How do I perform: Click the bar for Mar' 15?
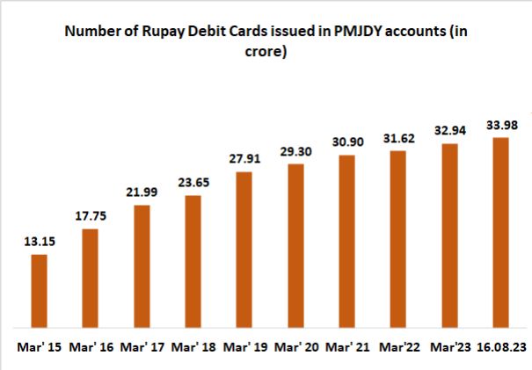pos(39,291)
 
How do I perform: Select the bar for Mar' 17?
pos(141,266)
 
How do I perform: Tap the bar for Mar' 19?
pos(244,250)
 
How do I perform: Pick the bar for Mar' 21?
pos(346,241)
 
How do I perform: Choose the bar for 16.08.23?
pos(501,232)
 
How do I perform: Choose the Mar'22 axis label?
pos(398,348)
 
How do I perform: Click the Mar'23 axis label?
pos(449,348)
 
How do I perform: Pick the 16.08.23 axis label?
pos(501,348)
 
